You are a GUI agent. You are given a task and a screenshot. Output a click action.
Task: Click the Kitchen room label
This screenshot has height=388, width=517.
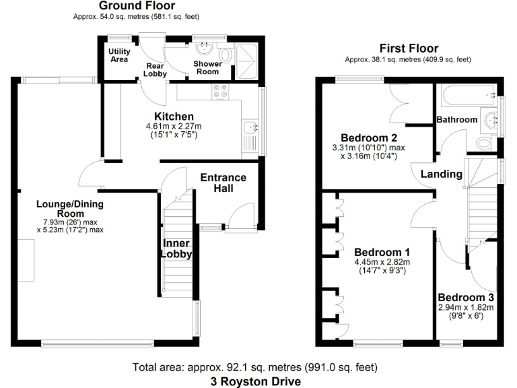(174, 117)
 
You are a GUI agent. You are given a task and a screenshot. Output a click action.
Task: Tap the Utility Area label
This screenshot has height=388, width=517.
(118, 55)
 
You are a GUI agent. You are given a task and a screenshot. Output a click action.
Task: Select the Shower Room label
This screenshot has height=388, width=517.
(207, 67)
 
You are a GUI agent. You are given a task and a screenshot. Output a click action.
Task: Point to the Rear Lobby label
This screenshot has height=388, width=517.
(155, 70)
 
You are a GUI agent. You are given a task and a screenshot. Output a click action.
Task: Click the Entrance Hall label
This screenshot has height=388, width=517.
(223, 183)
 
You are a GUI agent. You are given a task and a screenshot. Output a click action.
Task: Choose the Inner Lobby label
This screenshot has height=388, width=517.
(176, 249)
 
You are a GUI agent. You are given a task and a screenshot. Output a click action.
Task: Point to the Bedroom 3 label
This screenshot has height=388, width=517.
(466, 297)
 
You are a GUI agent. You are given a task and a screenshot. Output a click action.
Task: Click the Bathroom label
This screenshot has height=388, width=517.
(457, 120)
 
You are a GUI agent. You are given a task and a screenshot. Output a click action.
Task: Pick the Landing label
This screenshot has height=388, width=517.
(442, 174)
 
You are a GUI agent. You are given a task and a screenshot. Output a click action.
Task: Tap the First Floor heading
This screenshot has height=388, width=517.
(409, 48)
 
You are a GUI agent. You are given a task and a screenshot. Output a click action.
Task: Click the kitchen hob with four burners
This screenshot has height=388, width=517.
(220, 91)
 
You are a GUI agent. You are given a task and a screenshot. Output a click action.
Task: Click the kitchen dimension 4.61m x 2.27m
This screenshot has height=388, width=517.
(174, 127)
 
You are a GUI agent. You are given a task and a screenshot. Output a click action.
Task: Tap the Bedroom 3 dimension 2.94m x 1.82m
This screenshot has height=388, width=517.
(466, 308)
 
